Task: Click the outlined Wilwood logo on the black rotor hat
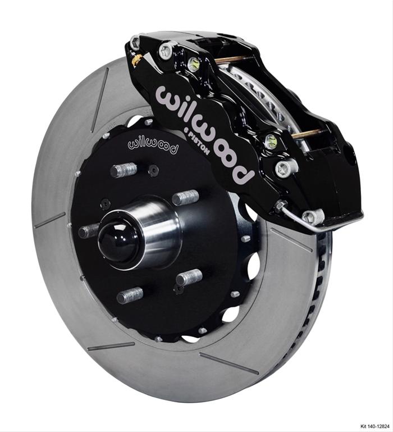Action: [x=153, y=143]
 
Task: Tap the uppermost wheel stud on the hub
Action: [x=124, y=170]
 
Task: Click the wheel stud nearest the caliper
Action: [x=186, y=197]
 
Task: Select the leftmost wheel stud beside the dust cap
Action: [x=89, y=230]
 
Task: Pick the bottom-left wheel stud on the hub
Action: [x=129, y=295]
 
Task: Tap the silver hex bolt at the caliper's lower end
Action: [x=312, y=216]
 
